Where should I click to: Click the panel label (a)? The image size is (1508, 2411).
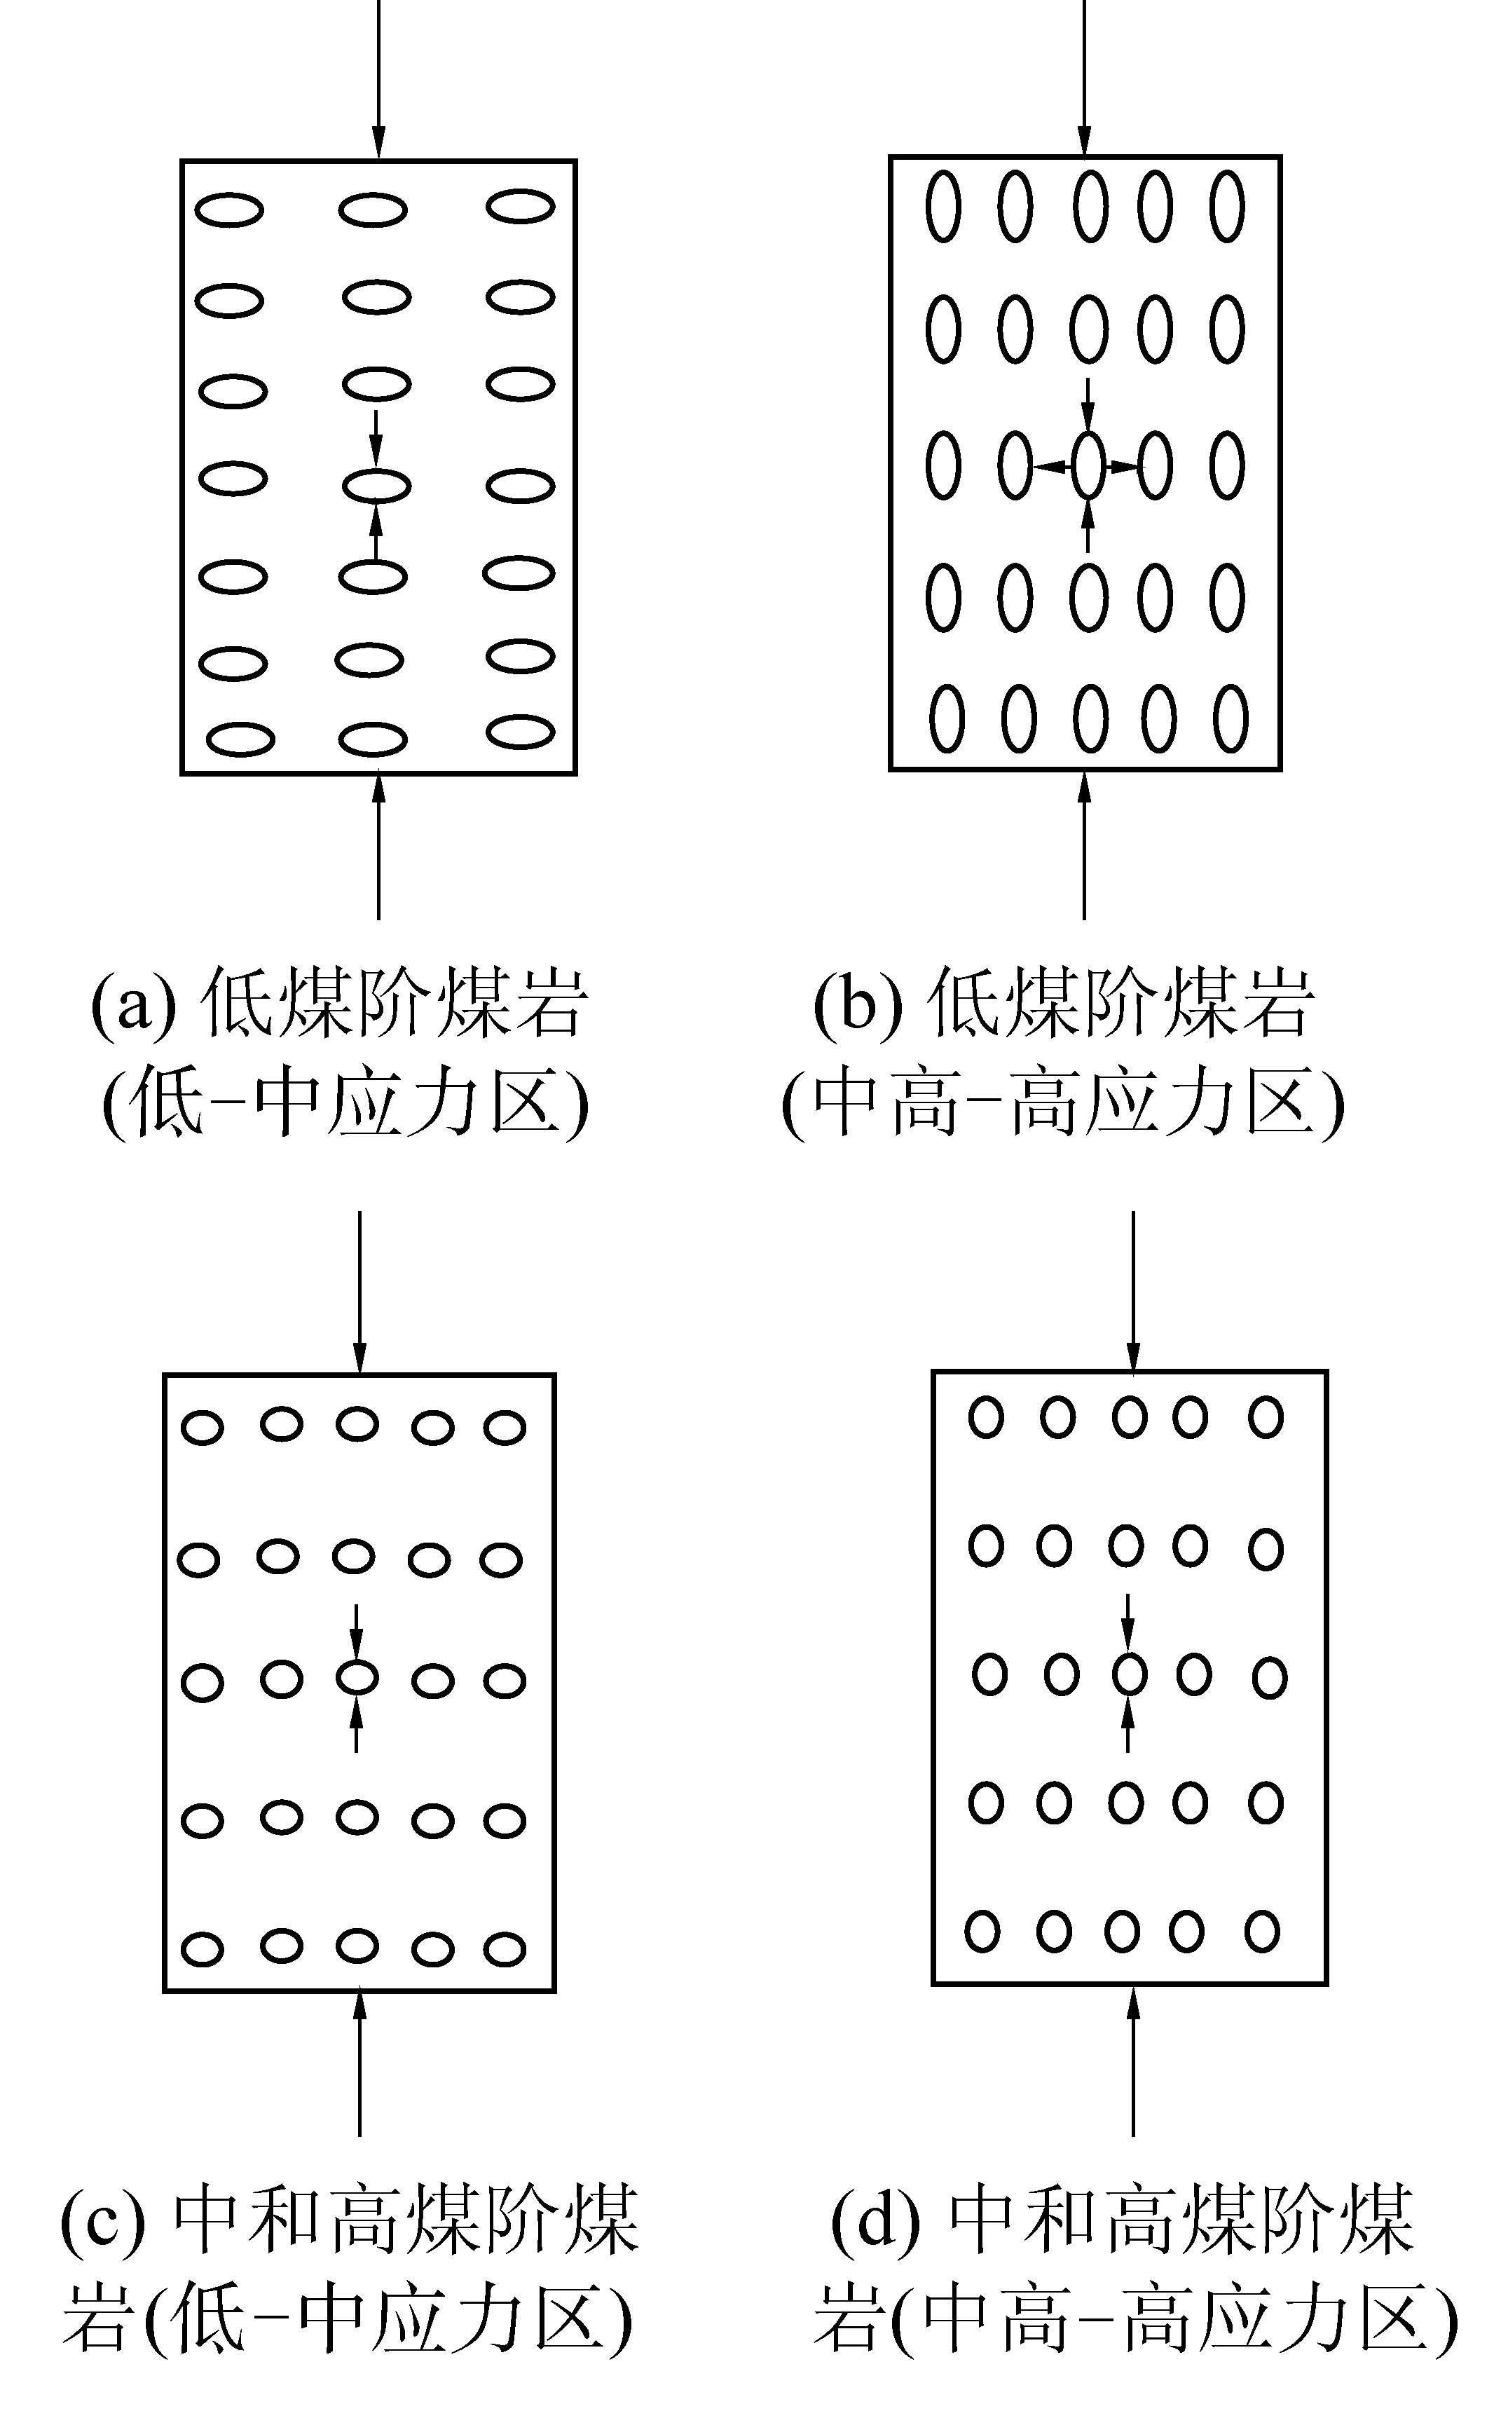(132, 1002)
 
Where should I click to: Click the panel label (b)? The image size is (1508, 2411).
(858, 1002)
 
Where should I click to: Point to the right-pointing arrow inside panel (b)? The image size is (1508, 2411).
(1124, 466)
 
